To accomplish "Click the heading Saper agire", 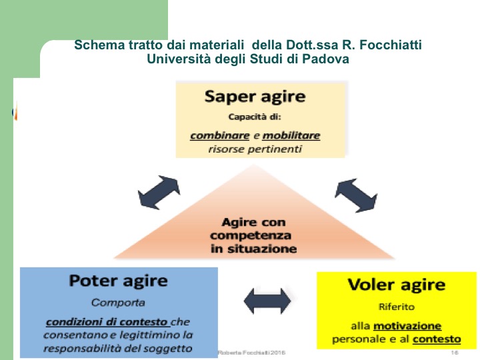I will click(x=255, y=97).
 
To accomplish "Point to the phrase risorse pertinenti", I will click(x=255, y=149).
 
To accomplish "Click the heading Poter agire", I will click(x=118, y=281).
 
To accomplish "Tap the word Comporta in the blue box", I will click(x=118, y=302).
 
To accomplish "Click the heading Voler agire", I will click(x=396, y=285).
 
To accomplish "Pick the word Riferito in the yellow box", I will click(x=396, y=307).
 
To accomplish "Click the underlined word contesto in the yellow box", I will click(x=437, y=339).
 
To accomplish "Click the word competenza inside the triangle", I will click(x=251, y=235).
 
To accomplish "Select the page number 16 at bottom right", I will click(x=455, y=352).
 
